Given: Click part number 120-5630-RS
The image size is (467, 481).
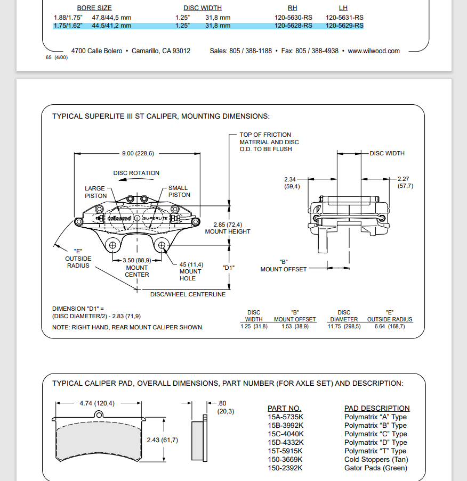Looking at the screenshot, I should (293, 18).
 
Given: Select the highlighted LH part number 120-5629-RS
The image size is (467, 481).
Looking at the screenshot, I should (344, 26).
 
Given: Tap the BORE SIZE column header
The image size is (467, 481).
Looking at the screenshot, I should (94, 9).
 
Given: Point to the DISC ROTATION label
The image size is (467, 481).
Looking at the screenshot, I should (136, 173).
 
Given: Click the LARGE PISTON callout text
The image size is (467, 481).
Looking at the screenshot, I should (95, 192).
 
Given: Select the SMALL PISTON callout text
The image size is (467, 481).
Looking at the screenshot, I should (179, 192).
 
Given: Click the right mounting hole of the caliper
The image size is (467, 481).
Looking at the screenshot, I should (163, 245).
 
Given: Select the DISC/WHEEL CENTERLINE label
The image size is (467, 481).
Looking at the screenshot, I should (188, 294).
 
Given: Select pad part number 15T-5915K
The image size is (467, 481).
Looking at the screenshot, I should (286, 451).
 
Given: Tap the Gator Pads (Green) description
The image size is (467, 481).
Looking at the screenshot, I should (375, 468).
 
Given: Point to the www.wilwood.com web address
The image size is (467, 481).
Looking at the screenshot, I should (374, 51).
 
